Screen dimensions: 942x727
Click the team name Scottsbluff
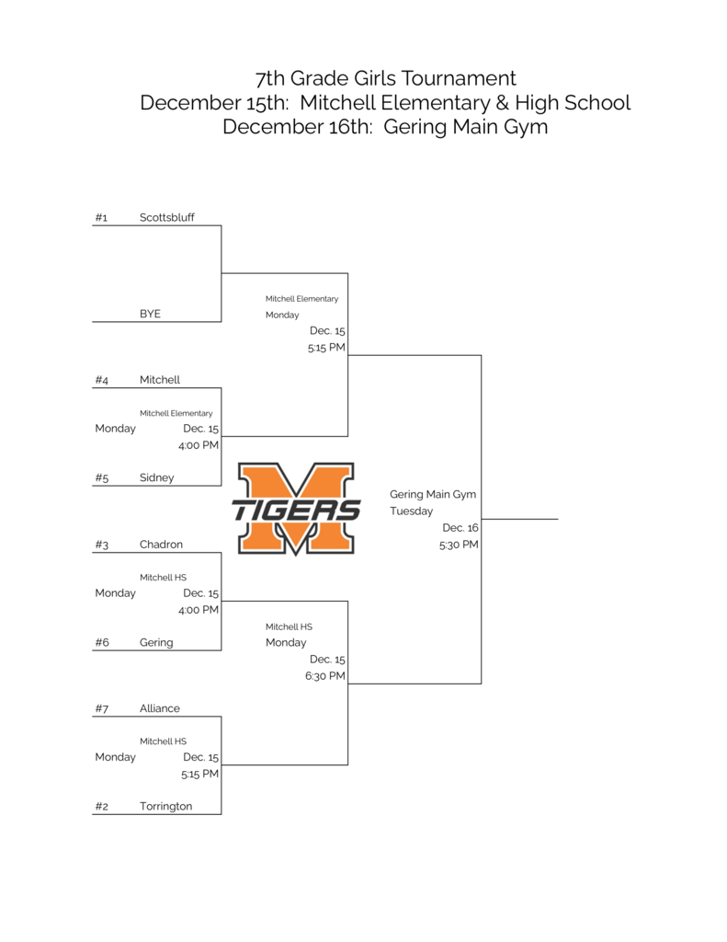click(166, 218)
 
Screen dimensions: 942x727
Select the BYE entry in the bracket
click(150, 314)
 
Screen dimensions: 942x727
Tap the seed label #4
click(101, 380)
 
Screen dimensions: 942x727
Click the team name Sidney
click(156, 478)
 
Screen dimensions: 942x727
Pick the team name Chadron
click(161, 545)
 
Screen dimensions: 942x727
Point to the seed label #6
click(101, 643)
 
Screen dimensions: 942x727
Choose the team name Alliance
click(160, 708)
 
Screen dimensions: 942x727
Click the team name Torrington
click(165, 807)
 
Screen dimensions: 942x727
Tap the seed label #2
click(101, 807)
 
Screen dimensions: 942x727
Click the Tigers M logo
click(296, 509)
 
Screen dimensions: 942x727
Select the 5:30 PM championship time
click(459, 545)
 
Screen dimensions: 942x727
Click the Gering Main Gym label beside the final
click(433, 495)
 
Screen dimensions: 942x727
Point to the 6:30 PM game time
click(325, 676)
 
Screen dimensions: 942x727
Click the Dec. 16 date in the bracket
click(460, 528)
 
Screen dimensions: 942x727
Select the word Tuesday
click(411, 511)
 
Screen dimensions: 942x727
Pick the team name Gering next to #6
click(156, 643)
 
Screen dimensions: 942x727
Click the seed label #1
click(101, 218)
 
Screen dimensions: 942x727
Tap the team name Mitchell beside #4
click(160, 380)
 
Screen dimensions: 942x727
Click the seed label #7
click(101, 708)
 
